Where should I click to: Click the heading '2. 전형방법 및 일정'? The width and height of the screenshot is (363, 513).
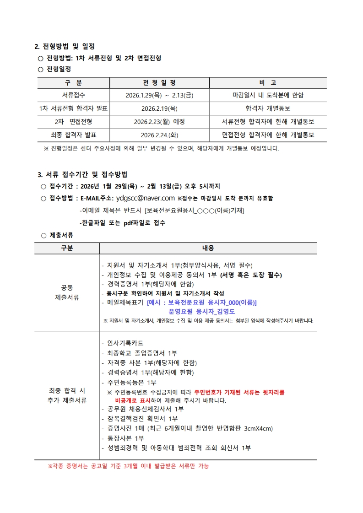65,46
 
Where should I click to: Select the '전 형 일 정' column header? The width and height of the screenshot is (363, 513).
159,83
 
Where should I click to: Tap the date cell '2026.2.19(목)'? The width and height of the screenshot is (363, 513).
159,108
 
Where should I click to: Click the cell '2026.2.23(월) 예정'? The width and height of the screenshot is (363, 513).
159,122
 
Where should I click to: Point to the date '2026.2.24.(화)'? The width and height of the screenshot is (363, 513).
159,135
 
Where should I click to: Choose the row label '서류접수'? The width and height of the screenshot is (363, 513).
73,95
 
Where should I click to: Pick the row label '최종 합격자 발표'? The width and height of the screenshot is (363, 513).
73,135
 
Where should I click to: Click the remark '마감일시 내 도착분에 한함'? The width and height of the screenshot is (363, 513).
268,95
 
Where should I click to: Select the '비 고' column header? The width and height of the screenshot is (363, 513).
268,83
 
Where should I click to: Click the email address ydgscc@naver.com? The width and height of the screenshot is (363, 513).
145,198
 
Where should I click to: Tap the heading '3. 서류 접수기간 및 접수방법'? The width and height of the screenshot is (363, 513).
82,174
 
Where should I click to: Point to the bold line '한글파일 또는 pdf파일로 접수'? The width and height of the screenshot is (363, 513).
122,223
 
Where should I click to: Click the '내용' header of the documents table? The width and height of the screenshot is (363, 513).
208,248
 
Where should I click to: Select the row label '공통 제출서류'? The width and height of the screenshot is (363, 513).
67,292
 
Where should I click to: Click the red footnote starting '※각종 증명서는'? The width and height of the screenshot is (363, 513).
129,466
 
